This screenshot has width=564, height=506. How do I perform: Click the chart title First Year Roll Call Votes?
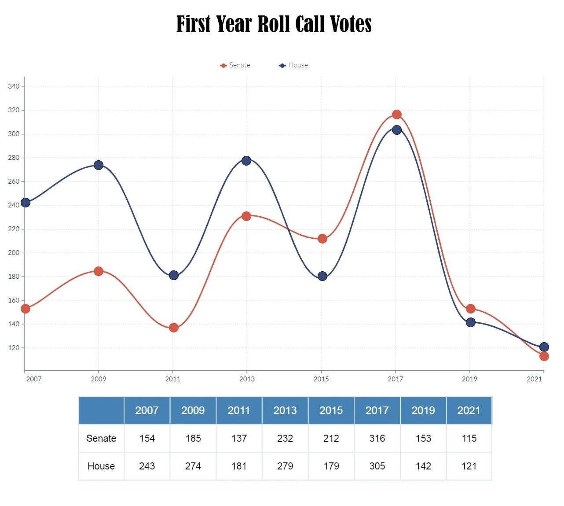coord(274,24)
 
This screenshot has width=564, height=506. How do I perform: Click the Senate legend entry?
coord(235,65)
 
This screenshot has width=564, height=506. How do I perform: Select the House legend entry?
coord(293,65)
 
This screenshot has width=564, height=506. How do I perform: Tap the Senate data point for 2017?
coord(396,114)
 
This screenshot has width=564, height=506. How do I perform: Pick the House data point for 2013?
coord(246,161)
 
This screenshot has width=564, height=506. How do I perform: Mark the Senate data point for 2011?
coord(174,328)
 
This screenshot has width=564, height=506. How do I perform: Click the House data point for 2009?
coord(99,165)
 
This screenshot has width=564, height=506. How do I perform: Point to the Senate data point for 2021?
coord(544,356)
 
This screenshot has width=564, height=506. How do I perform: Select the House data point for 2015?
coord(322,276)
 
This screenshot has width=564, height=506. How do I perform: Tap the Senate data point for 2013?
coord(246,216)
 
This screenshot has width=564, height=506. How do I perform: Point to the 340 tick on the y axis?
coord(14,86)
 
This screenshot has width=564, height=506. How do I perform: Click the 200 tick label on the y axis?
coord(14,253)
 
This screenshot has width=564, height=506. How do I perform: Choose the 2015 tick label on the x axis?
coord(321,379)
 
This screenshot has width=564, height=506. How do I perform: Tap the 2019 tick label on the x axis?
coord(469,379)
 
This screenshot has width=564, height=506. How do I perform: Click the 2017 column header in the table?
coord(377,410)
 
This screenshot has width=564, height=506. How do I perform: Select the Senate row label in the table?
coord(101,439)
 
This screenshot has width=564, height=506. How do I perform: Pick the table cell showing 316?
coord(377,439)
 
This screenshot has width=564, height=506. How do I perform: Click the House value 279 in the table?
coord(285,466)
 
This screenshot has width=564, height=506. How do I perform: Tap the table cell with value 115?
coord(469,439)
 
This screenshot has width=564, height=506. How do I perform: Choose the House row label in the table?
coord(101,466)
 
